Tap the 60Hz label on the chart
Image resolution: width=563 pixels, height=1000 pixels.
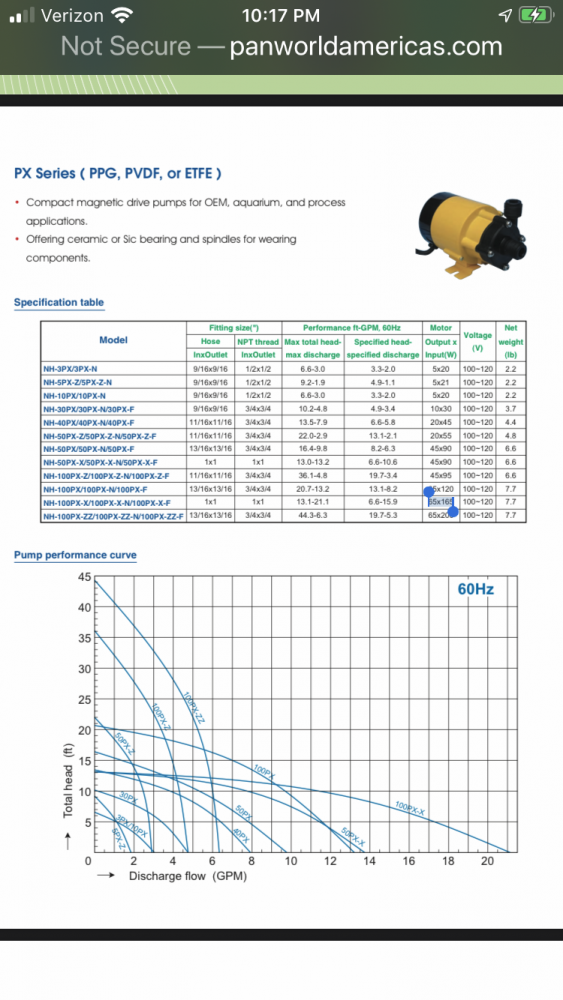475,589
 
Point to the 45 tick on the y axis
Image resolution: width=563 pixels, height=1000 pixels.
85,577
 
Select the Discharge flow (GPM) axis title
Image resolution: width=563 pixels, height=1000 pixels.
187,877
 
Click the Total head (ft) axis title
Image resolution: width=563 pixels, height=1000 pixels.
69,780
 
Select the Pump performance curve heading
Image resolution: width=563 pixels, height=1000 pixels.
75,555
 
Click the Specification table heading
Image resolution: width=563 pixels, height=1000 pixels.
59,302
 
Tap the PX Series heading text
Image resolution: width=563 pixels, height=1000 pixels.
118,172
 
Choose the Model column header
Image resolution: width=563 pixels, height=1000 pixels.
113,340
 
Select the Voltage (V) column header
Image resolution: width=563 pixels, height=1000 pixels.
477,341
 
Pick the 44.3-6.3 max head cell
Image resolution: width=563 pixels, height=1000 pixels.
314,516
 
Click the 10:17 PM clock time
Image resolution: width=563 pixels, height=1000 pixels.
281,15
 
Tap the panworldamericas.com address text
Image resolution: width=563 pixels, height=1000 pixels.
365,46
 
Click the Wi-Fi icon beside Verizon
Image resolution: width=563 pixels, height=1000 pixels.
122,15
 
